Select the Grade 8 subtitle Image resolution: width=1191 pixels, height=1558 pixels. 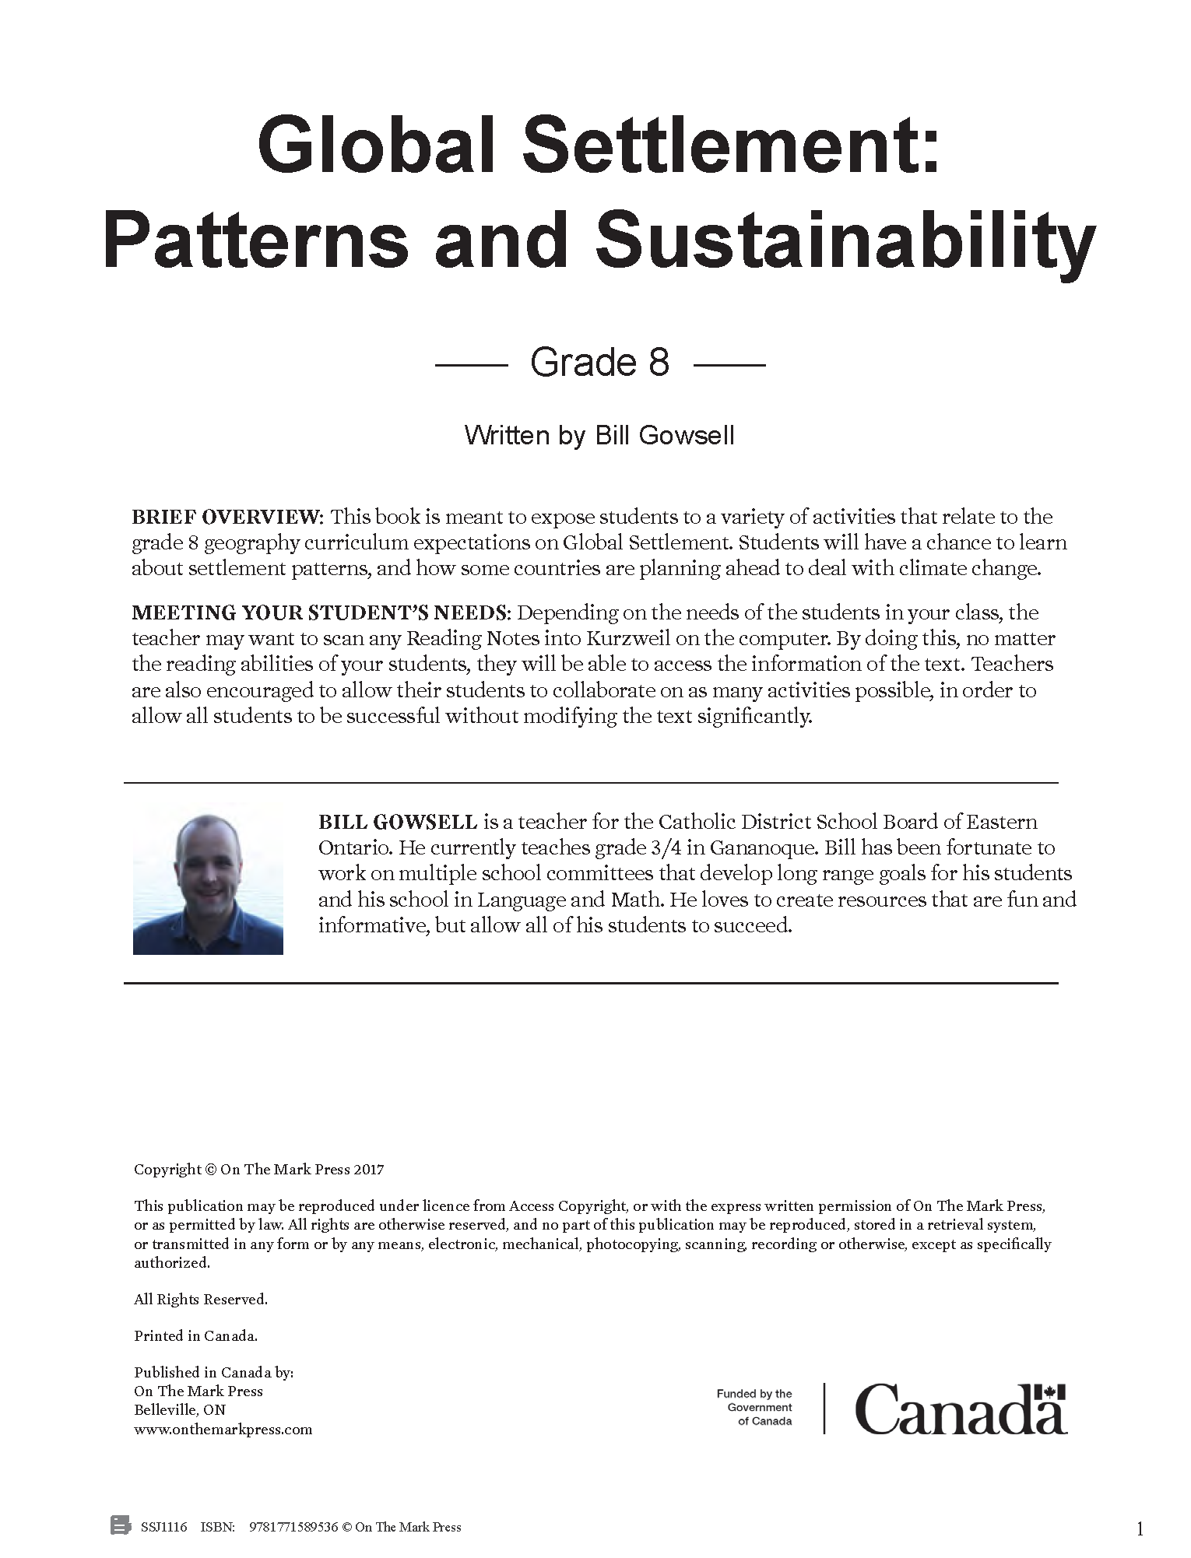point(599,363)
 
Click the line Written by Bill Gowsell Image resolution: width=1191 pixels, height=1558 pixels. point(599,435)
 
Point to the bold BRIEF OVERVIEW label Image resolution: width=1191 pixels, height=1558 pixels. point(227,518)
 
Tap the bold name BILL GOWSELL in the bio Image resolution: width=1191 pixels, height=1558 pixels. point(398,822)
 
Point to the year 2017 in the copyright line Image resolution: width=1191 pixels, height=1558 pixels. point(369,1170)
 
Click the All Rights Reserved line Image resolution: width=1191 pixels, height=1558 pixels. point(201,1299)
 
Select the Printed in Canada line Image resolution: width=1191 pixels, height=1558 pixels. point(195,1336)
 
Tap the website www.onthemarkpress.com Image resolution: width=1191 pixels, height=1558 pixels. point(223,1430)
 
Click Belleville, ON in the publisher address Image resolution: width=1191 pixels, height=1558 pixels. point(180,1410)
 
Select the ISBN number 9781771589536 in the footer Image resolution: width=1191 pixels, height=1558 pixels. point(293,1528)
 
